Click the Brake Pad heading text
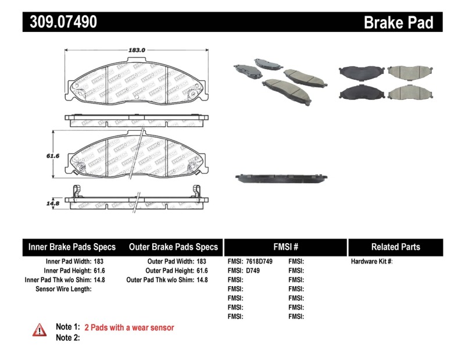398,22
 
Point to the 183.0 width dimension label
137,50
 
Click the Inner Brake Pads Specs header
72,247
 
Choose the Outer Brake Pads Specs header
173,247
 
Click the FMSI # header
285,247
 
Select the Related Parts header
395,247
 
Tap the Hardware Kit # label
371,262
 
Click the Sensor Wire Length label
64,288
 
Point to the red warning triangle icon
39,330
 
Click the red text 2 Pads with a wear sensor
129,327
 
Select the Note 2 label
67,337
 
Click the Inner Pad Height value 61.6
98,270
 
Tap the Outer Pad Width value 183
201,262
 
